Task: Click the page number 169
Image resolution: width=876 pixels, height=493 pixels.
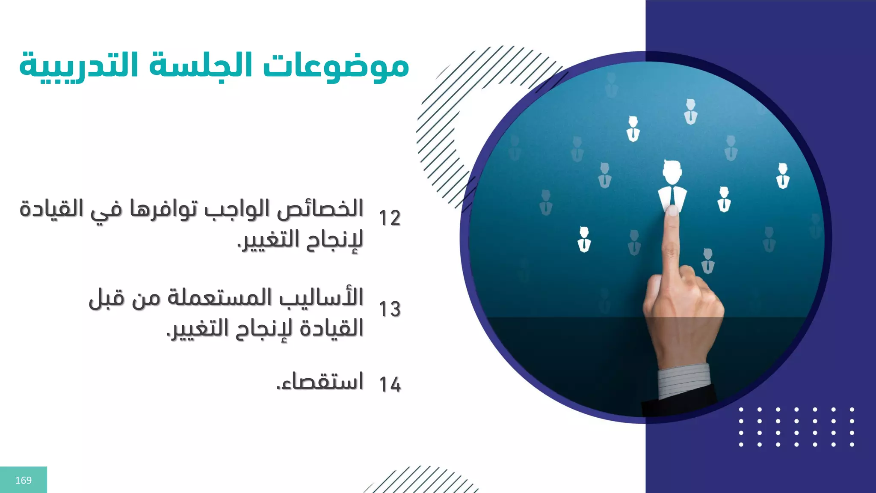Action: [x=24, y=480]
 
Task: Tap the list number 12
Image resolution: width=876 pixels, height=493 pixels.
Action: [x=390, y=218]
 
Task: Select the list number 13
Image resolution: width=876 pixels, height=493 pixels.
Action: [x=390, y=309]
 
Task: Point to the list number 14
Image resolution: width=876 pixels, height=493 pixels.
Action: [x=390, y=384]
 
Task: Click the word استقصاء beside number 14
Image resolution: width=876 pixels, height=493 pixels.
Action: [x=320, y=381]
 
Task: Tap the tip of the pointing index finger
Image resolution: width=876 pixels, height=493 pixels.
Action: [x=673, y=211]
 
